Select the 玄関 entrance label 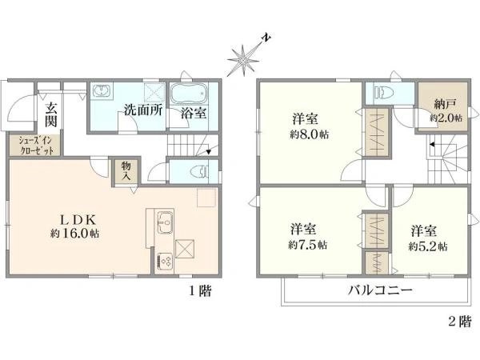pos(51,114)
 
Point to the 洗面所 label pos(143,111)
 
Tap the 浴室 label pos(194,113)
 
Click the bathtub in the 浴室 pos(190,90)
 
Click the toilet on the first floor pos(202,170)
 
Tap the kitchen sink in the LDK pos(163,220)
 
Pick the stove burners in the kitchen pos(164,259)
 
